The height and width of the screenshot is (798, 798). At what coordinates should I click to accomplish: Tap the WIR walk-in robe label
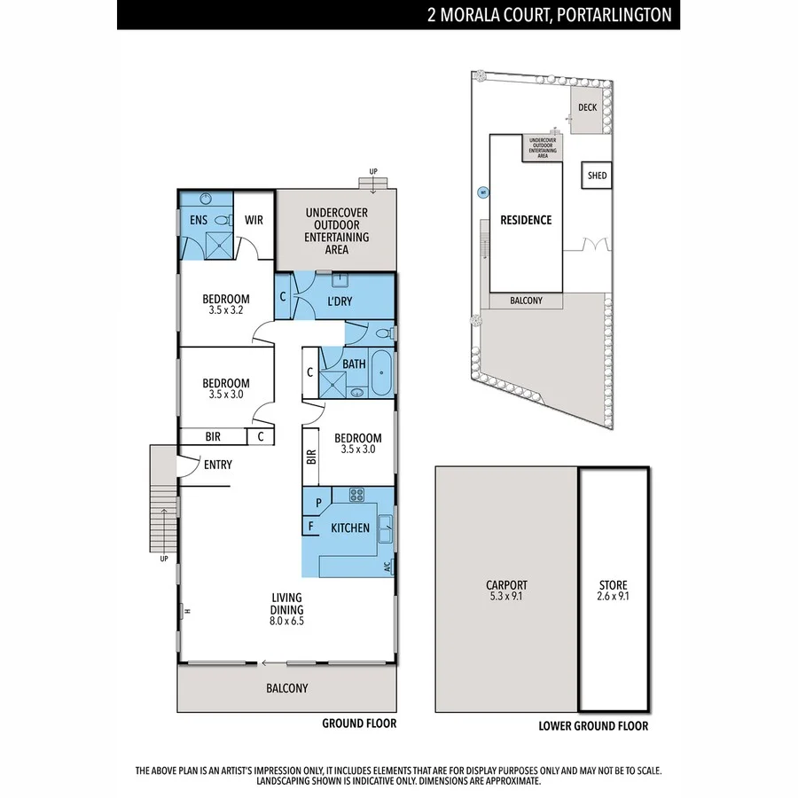click(x=254, y=219)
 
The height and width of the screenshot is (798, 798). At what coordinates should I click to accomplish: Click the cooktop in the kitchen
click(x=357, y=496)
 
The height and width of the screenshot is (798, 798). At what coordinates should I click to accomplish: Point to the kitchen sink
click(x=385, y=529)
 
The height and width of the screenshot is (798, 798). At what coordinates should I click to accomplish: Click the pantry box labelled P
click(x=311, y=502)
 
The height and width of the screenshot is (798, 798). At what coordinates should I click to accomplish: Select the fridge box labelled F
click(x=310, y=526)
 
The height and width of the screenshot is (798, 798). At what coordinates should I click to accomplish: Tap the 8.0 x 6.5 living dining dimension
click(x=287, y=622)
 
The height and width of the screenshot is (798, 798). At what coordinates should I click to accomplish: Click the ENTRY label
click(x=218, y=465)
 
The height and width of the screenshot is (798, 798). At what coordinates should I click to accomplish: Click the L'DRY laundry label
click(x=339, y=301)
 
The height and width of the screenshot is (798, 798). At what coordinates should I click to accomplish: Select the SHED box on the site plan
click(x=597, y=176)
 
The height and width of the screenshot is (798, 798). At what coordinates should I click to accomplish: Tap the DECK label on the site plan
click(x=587, y=107)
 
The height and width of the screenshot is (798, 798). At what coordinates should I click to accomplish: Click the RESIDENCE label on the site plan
click(x=526, y=220)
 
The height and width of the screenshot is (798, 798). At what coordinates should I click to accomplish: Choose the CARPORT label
click(x=506, y=585)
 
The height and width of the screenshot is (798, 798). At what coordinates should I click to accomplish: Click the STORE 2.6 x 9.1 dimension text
click(x=613, y=597)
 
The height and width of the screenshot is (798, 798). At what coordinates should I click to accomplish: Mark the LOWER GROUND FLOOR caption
click(x=593, y=725)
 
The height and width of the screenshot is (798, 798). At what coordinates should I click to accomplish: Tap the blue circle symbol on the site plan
click(x=483, y=192)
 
